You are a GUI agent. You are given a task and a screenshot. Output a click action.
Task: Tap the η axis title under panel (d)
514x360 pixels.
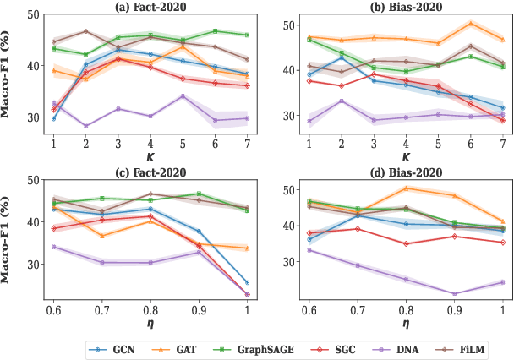tap(406, 322)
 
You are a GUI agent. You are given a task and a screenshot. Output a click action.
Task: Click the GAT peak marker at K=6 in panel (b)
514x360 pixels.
tap(470, 24)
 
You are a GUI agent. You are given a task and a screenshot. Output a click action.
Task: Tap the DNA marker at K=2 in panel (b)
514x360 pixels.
tap(341, 101)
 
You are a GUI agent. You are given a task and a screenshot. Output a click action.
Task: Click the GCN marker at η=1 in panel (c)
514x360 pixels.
tap(247, 282)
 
